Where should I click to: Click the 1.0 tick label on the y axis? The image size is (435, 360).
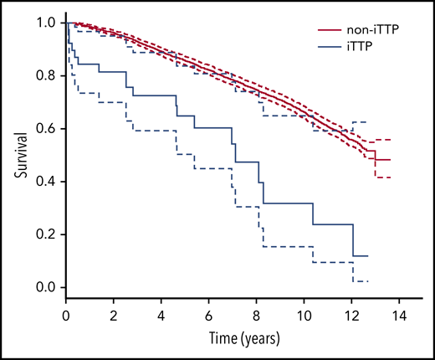pos(45,23)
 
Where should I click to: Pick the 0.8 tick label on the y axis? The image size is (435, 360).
pos(45,75)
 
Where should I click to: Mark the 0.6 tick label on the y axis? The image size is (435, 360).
pos(45,128)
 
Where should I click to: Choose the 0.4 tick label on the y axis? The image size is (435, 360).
pos(45,182)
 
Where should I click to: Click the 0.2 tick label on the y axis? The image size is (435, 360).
pos(45,234)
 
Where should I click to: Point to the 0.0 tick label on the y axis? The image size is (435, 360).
pos(45,287)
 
